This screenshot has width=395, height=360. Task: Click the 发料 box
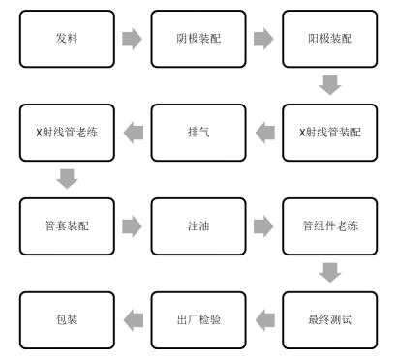(66, 39)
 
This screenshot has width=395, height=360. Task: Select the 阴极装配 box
(197, 39)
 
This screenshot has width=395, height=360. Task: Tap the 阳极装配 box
(328, 39)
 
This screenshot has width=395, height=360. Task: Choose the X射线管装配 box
(328, 131)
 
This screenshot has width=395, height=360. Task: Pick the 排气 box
(197, 131)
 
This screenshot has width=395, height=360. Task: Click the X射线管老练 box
(66, 131)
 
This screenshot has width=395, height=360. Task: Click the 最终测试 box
(328, 316)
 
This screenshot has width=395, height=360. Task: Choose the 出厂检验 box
(197, 316)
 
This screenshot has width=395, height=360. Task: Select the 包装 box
(66, 316)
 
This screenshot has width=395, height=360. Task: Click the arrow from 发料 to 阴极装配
(132, 40)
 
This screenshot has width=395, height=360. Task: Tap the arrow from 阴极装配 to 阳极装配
(262, 40)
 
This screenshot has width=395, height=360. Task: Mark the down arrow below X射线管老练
(67, 178)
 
